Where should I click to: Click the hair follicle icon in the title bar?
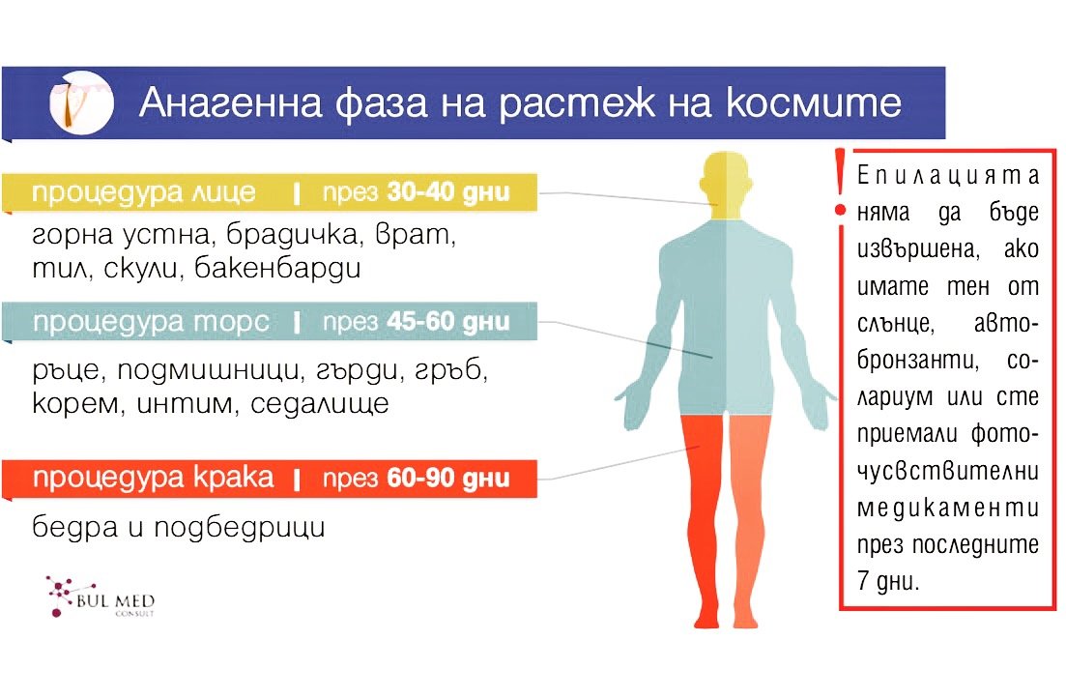coord(81,102)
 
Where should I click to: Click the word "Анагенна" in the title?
coord(230,102)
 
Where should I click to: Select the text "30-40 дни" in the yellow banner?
coord(448,192)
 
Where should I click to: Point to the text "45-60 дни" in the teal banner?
coord(448,321)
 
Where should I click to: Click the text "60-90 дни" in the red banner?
coord(448,479)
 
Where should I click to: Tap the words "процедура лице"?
coord(144,193)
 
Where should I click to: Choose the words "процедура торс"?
coord(151,323)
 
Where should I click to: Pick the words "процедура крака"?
coord(153,479)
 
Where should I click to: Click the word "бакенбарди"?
coord(277,268)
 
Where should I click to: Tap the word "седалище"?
coord(320,403)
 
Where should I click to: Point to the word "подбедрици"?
coord(240,528)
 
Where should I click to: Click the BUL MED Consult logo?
coord(101,596)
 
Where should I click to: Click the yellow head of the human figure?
coord(726,185)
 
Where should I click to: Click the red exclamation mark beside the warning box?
coord(840,184)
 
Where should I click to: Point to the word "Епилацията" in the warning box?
coord(948,176)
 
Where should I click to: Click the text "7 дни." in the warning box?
coord(888,581)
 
